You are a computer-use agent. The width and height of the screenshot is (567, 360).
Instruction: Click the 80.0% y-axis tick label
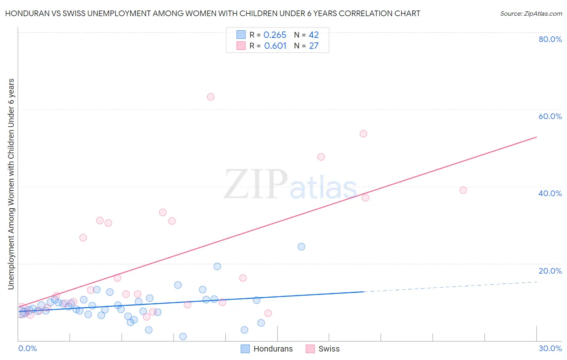[550, 39]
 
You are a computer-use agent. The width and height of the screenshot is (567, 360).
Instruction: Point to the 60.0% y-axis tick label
[550, 116]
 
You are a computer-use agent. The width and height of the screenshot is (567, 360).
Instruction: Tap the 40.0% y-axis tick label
[550, 193]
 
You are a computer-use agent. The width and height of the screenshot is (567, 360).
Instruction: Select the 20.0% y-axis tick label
[550, 271]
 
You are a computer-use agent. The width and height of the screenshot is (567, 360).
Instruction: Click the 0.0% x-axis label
[27, 348]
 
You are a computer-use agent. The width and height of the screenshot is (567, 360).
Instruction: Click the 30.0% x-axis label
[550, 348]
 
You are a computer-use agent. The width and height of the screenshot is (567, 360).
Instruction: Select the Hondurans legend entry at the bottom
[267, 349]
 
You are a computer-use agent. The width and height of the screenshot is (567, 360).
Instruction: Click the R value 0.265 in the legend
[275, 35]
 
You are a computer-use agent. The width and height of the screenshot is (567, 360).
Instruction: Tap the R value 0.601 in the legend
[275, 46]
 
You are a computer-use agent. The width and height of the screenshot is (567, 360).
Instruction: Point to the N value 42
[314, 35]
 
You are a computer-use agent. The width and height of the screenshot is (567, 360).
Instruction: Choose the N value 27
[314, 46]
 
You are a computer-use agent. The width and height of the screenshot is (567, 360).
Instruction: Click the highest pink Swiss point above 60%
[211, 97]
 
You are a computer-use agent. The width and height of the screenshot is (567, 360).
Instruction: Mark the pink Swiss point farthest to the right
[463, 190]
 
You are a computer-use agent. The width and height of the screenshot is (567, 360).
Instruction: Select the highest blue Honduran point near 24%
[301, 247]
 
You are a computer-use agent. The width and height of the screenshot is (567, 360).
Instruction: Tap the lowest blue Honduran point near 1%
[183, 337]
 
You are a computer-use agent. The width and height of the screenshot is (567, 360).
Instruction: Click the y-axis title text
[11, 184]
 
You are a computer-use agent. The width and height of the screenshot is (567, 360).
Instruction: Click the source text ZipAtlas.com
[531, 14]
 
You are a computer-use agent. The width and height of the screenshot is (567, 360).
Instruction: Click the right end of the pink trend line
[536, 137]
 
